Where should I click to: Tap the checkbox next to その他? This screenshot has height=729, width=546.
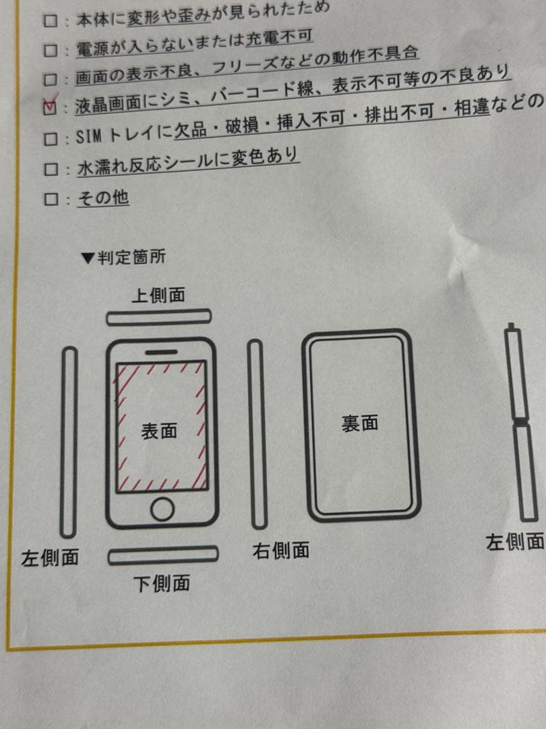click(x=50, y=199)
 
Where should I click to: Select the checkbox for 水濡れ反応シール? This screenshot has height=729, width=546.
click(x=50, y=168)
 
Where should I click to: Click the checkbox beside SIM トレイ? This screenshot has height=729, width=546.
click(x=50, y=138)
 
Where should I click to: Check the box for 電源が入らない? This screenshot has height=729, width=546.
click(x=50, y=49)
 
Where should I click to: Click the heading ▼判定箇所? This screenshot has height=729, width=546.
click(x=123, y=257)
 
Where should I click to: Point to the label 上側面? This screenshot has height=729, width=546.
click(x=158, y=296)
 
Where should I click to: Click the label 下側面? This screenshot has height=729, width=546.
click(x=162, y=583)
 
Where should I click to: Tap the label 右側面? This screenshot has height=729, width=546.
click(x=281, y=550)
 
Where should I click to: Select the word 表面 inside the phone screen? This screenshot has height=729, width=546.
click(x=160, y=431)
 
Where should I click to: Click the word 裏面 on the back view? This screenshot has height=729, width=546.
click(x=359, y=423)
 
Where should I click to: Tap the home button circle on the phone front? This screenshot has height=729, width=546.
click(x=162, y=509)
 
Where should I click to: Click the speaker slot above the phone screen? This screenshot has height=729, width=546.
click(x=162, y=352)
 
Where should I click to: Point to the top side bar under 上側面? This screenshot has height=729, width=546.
click(x=159, y=317)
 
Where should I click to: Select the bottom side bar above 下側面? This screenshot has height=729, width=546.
click(x=163, y=555)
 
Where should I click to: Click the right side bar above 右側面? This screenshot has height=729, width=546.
click(x=256, y=433)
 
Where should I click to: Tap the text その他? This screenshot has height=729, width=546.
click(x=103, y=198)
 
